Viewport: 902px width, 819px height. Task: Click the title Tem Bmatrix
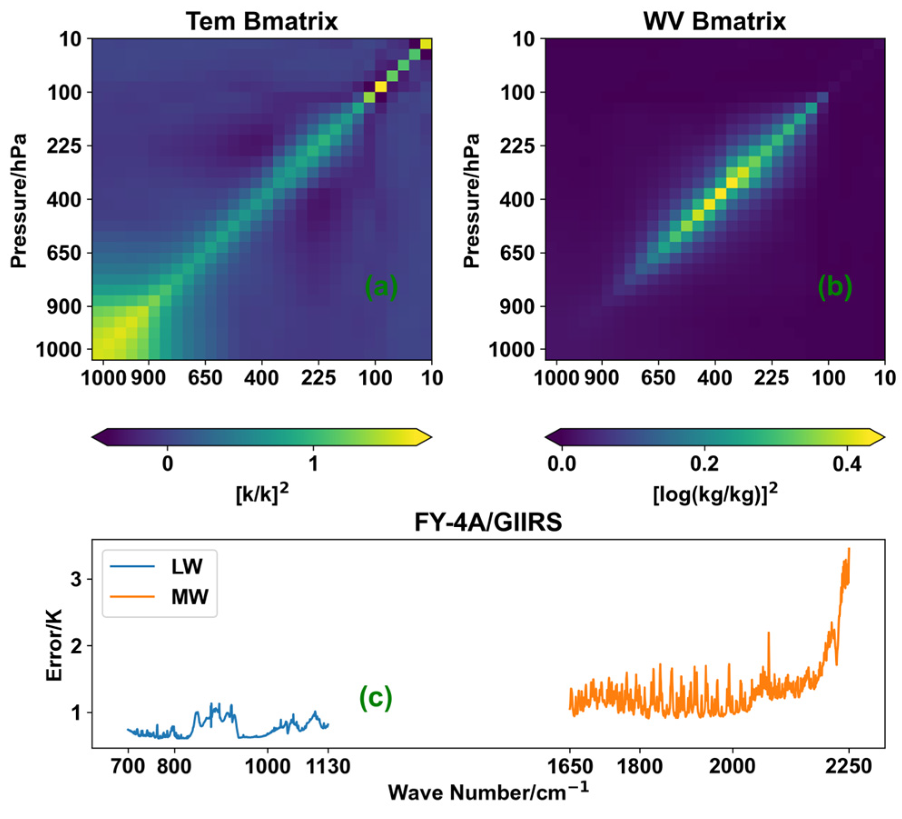pos(261,21)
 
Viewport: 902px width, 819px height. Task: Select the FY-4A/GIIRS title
pos(488,522)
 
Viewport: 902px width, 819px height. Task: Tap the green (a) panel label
pos(381,287)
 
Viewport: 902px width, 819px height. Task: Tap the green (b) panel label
pos(834,287)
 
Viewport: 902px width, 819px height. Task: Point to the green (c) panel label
pos(375,697)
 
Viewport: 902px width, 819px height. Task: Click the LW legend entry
pos(187,566)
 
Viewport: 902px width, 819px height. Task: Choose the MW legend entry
pos(189,597)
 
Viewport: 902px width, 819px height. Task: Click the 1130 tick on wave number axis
pos(328,766)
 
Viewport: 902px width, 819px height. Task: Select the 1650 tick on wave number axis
pos(570,766)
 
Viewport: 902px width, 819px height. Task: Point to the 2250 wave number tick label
pos(848,766)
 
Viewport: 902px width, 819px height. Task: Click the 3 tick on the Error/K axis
pos(76,579)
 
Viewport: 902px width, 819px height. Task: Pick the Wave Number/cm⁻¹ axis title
pos(488,792)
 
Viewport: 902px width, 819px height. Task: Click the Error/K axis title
pos(54,645)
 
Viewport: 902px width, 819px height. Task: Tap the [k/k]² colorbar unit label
pos(262,493)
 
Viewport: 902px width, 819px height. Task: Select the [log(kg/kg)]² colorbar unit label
pos(715,493)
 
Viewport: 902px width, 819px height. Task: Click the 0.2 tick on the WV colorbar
pos(704,464)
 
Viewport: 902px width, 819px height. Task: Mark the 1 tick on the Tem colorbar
pos(313,464)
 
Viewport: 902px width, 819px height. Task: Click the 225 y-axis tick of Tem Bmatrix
pos(64,146)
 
